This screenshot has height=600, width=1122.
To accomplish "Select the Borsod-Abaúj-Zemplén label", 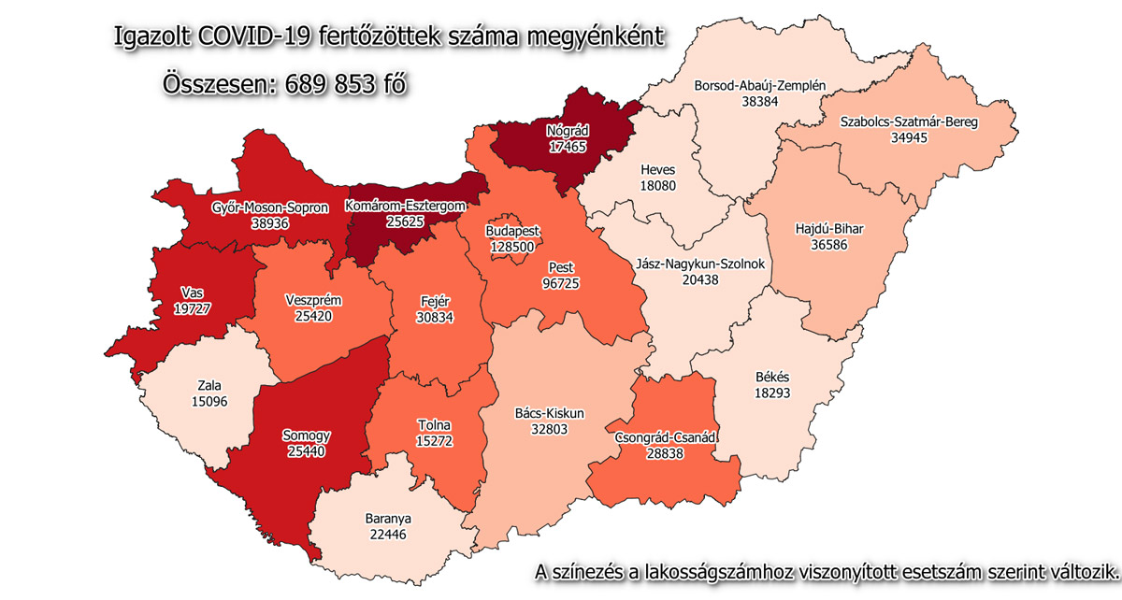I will pos(759,86).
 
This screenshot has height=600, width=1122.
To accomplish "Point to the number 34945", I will pos(915,136).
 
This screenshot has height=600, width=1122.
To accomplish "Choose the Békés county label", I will pos(772,378).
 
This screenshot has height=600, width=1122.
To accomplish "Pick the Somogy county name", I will pos(308,436).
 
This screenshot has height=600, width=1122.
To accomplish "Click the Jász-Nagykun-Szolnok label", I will pos(700,264).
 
